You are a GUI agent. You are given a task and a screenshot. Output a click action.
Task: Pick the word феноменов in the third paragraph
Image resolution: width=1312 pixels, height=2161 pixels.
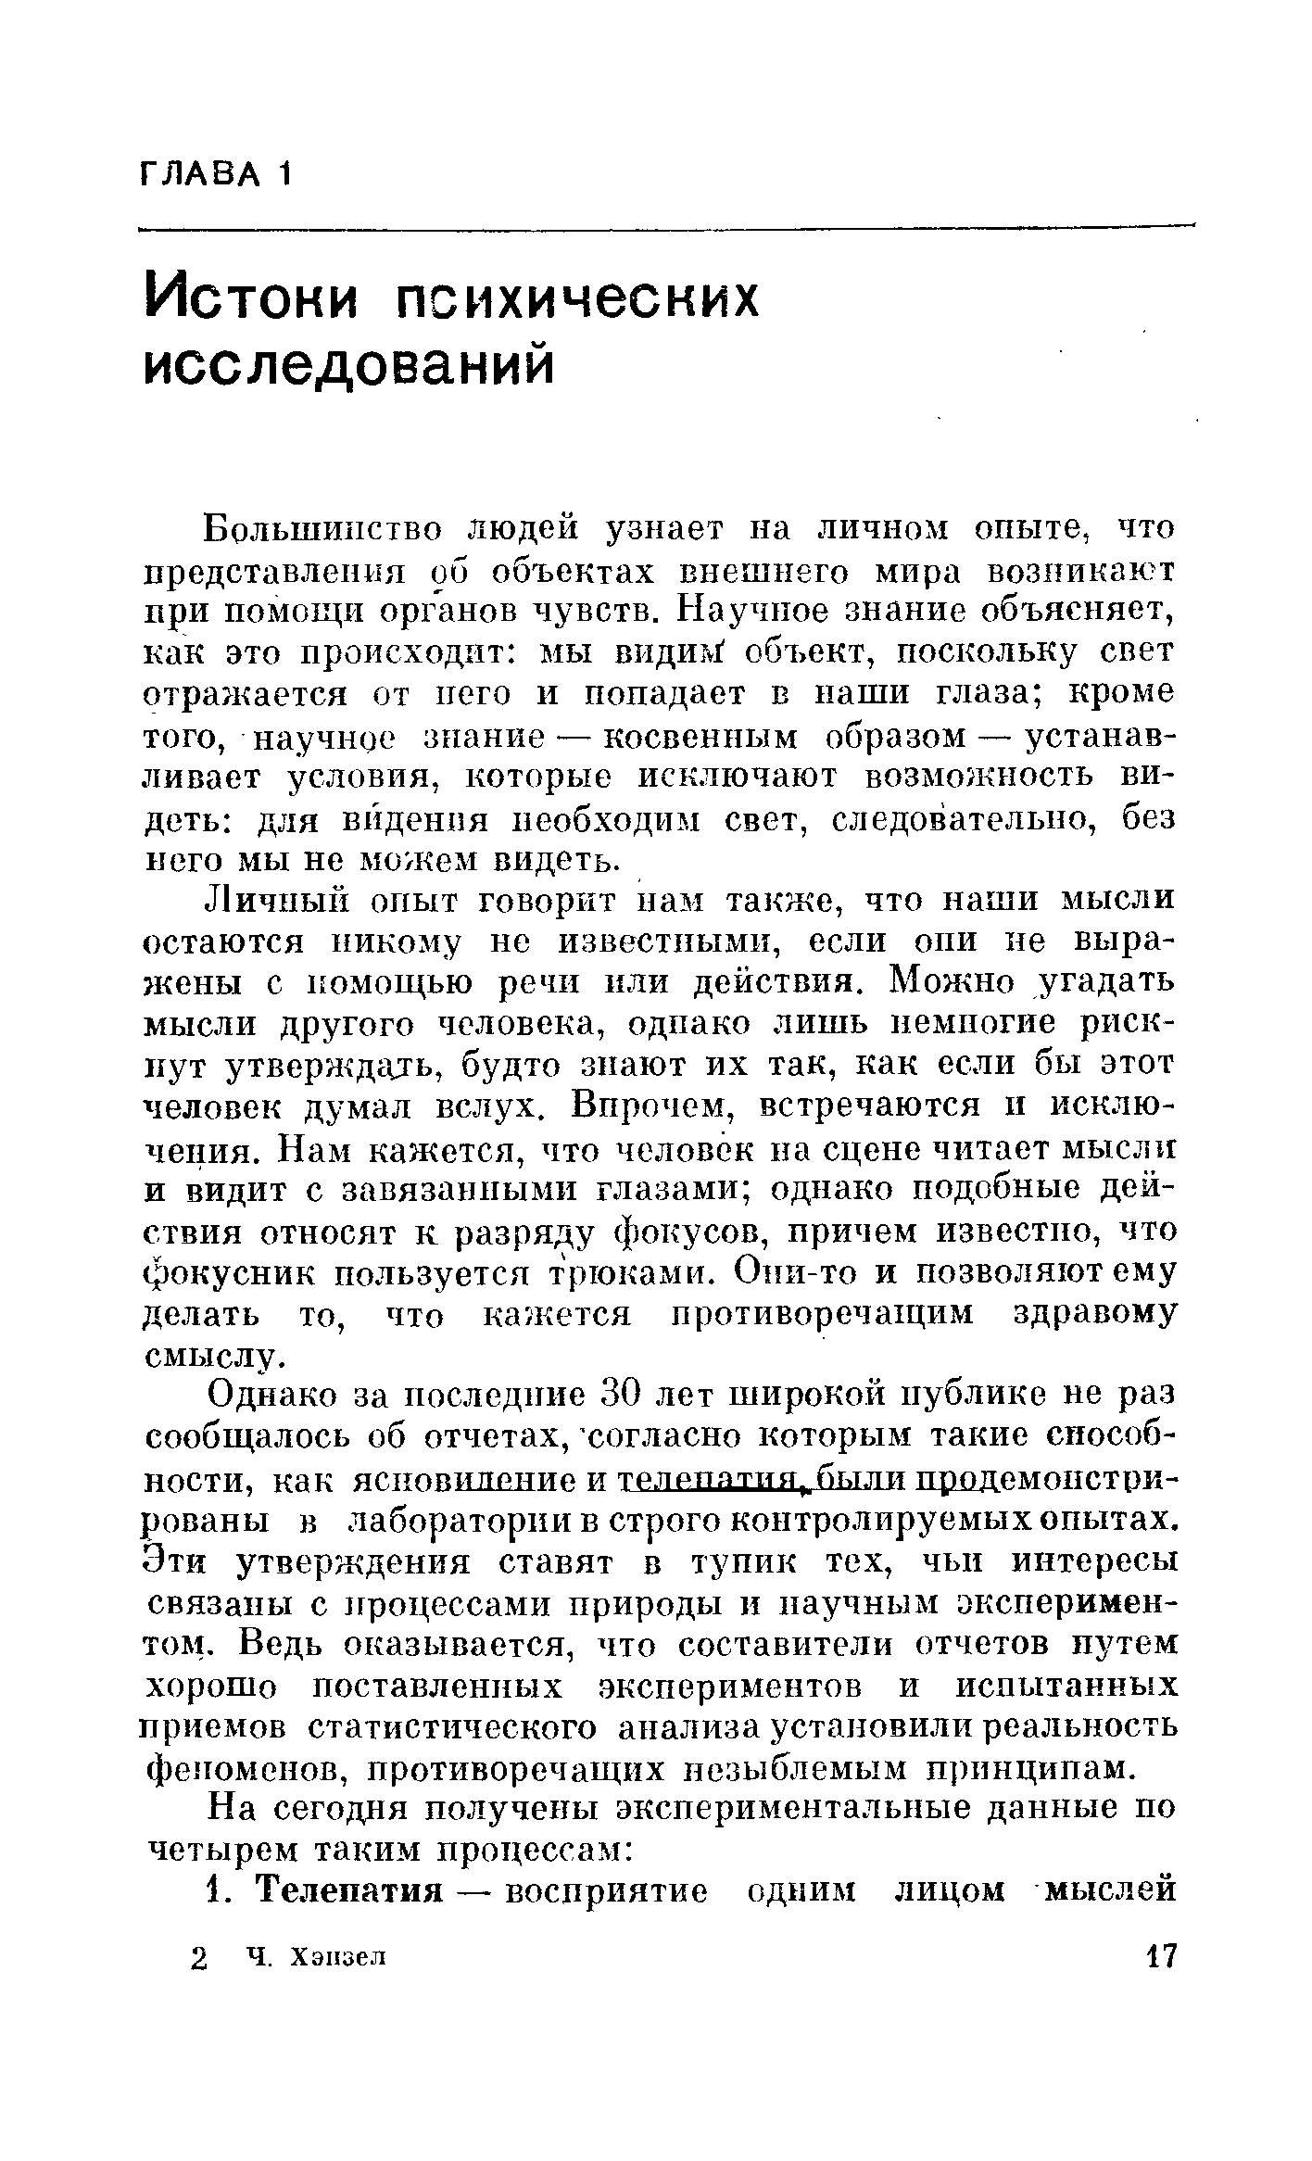pyautogui.click(x=247, y=1771)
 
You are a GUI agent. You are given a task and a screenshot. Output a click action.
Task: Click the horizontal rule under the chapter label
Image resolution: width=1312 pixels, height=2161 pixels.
pyautogui.click(x=667, y=226)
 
